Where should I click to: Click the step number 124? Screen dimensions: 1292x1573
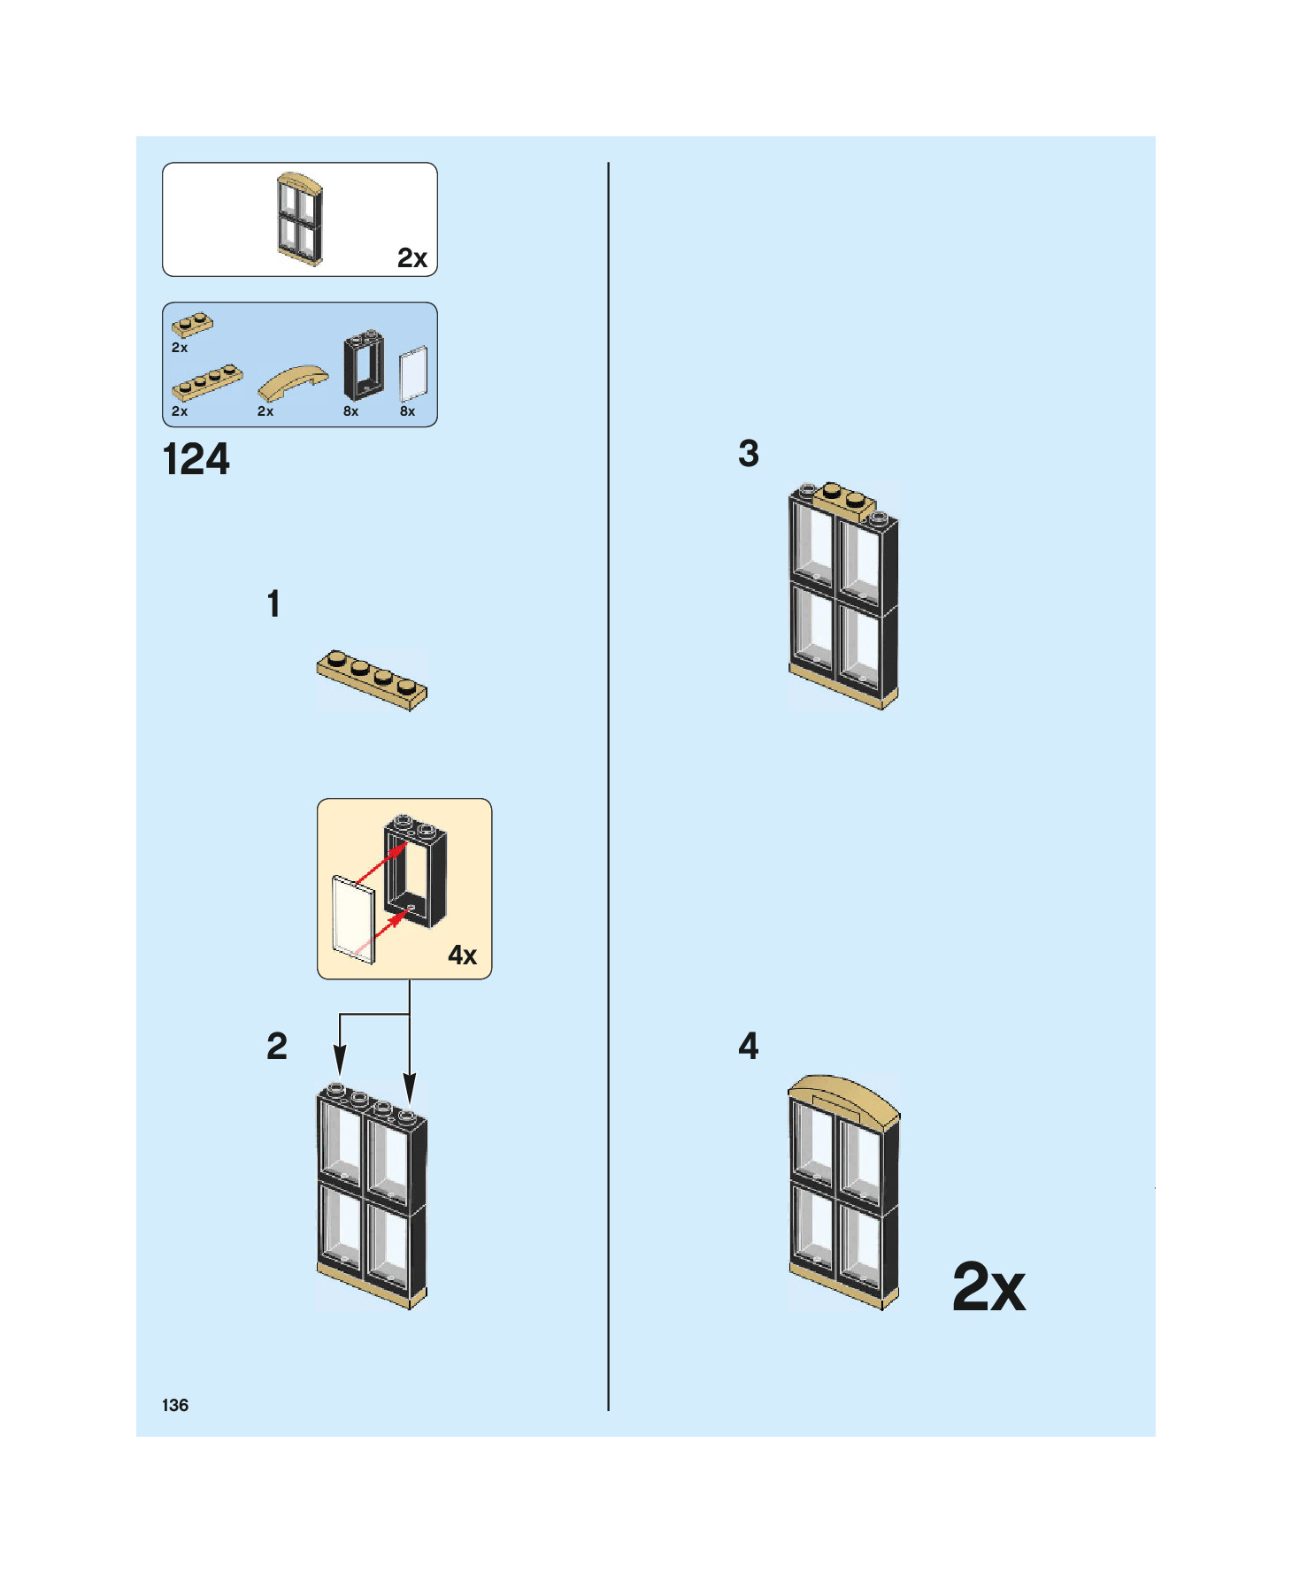tap(196, 460)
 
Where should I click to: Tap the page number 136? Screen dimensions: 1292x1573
tap(175, 1405)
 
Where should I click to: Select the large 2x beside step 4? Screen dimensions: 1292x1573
tap(988, 1286)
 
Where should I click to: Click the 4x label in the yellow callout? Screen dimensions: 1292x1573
tap(462, 955)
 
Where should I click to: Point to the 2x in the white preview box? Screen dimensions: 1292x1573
tap(411, 258)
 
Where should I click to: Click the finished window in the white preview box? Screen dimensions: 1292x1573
tap(299, 219)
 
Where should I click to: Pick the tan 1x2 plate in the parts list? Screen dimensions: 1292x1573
tap(192, 325)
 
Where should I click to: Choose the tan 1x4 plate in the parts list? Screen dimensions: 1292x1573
tap(207, 382)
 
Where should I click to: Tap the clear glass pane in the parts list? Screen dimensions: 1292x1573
tap(413, 373)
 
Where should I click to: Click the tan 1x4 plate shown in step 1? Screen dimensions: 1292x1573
tap(372, 679)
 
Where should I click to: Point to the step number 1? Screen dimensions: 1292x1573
tap(273, 604)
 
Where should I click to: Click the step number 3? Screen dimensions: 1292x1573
tap(749, 454)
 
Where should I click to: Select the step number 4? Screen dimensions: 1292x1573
tap(749, 1046)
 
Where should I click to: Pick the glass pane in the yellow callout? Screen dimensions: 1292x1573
tap(353, 919)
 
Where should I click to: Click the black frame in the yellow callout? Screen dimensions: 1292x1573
tap(416, 871)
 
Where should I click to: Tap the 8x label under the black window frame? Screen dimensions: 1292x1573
tap(350, 411)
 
